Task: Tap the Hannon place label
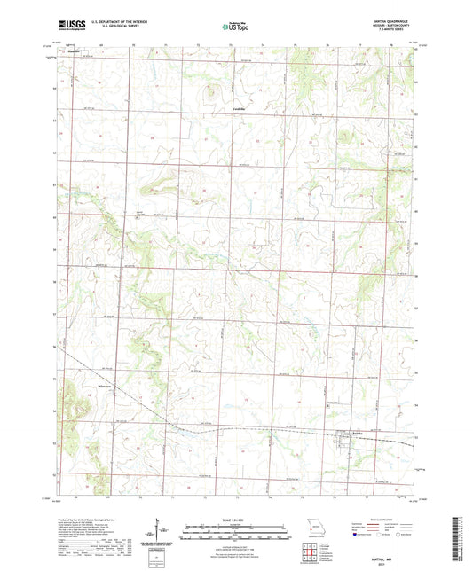click(x=74, y=51)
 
